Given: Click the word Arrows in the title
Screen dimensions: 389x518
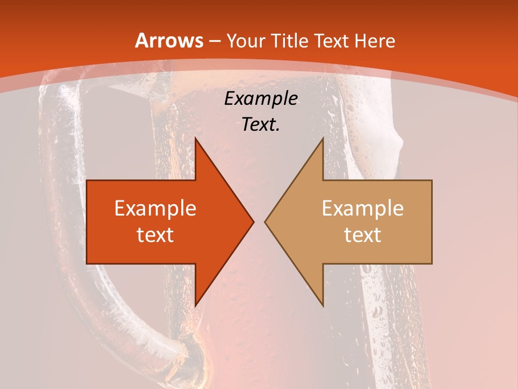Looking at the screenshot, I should (x=169, y=41).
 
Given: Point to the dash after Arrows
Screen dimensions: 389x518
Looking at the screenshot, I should (x=215, y=41).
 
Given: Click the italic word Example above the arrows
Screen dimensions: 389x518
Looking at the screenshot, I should (x=261, y=99).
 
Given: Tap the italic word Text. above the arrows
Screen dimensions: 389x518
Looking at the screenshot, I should (x=261, y=124).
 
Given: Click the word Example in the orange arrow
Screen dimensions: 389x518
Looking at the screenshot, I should (x=155, y=208).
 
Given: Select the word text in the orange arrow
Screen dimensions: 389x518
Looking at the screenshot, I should (x=155, y=234).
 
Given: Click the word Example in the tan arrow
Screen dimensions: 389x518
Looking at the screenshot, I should (x=363, y=208).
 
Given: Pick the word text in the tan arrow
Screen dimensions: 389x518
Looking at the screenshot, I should (x=363, y=234).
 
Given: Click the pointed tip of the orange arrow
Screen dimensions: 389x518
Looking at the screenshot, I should (x=254, y=222).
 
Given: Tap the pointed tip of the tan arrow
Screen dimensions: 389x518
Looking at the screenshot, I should (x=265, y=222).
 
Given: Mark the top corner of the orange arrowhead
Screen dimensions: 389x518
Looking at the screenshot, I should (x=195, y=138).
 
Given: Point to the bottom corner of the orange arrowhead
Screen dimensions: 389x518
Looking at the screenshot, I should (x=195, y=306).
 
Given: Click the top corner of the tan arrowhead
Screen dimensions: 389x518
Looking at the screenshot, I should (x=323, y=138).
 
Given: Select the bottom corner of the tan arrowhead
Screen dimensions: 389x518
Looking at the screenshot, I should (x=323, y=306).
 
